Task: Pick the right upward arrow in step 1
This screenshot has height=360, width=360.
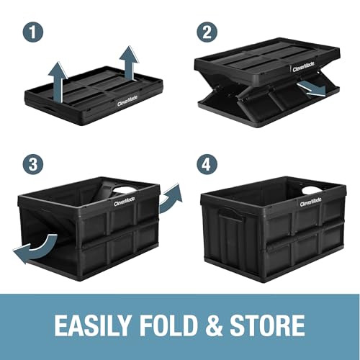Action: click(x=130, y=60)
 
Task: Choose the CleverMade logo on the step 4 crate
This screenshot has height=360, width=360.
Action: click(x=312, y=204)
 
